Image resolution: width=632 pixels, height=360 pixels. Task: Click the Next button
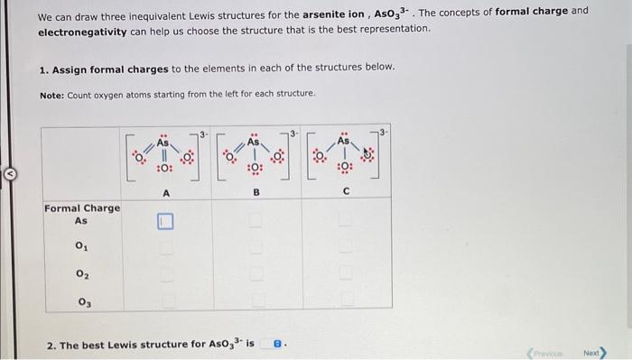[x=593, y=351]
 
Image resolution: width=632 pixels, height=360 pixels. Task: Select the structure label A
[x=165, y=191]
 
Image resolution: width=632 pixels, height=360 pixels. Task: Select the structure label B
[x=256, y=191]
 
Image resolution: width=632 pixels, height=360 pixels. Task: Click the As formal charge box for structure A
[x=165, y=220]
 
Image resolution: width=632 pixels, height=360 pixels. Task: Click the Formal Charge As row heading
[x=81, y=214]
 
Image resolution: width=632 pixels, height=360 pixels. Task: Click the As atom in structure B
[x=256, y=142]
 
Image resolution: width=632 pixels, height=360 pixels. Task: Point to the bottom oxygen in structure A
[x=164, y=169]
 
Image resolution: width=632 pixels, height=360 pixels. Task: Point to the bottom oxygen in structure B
[x=256, y=169]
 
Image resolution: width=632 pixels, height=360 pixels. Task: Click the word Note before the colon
[x=53, y=94]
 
